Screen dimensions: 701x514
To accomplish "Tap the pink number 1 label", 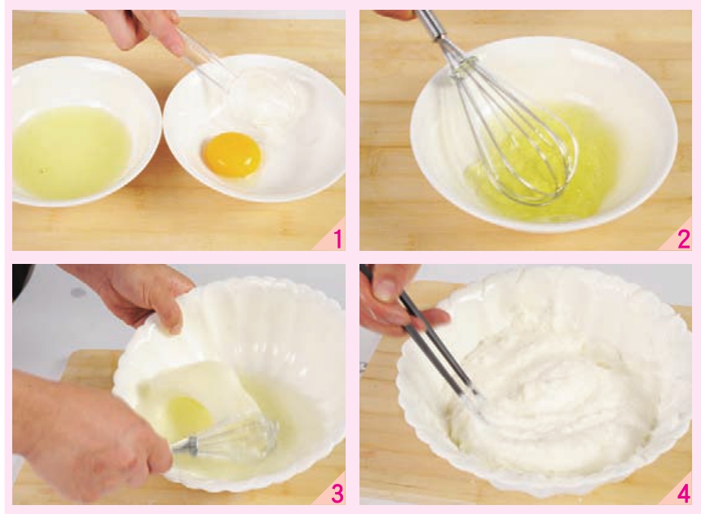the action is pos(338,239).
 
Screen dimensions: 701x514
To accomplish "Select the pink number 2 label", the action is pos(684,239).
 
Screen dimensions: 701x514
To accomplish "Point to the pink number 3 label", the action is pos(337,494).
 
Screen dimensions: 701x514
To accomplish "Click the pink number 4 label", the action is pos(684,494).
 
